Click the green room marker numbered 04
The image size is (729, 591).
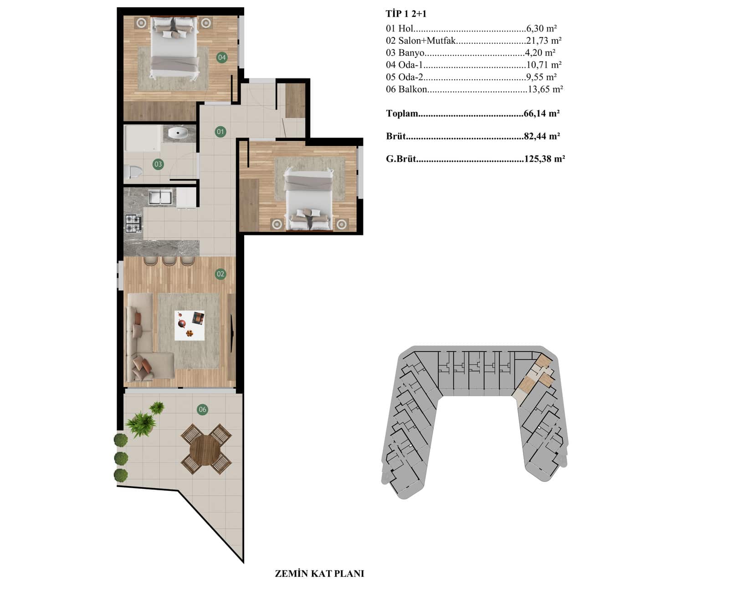[x=222, y=57]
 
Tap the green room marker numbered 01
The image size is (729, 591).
[x=221, y=132]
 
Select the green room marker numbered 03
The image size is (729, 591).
[x=158, y=164]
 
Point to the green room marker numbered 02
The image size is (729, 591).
[x=221, y=274]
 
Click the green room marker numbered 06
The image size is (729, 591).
[x=202, y=409]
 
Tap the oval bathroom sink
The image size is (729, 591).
[x=178, y=133]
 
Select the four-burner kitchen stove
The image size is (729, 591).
[x=133, y=223]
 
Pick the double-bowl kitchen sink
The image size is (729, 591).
[x=160, y=197]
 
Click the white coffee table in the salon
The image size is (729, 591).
[x=189, y=325]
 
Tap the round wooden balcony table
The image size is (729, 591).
[x=205, y=449]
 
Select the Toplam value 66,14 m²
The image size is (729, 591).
[x=541, y=113]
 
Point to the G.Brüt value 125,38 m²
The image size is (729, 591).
[x=544, y=159]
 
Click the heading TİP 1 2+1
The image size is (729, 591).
[x=406, y=14]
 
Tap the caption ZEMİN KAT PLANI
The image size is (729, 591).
[x=319, y=574]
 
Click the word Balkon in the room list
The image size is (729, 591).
[x=413, y=89]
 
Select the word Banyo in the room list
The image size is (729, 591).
[x=411, y=53]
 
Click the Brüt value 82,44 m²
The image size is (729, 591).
[x=542, y=137]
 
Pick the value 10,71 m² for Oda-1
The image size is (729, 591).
[x=544, y=65]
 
